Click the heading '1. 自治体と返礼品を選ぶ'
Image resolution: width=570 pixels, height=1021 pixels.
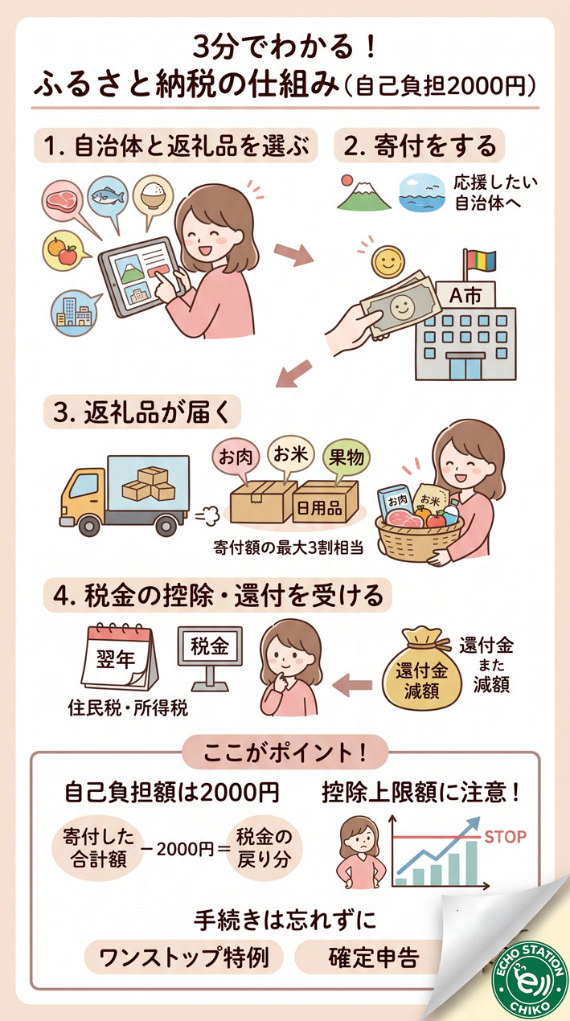(x=175, y=147)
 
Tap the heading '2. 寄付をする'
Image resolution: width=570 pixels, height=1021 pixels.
(x=420, y=147)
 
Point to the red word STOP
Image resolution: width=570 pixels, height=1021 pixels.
(x=504, y=837)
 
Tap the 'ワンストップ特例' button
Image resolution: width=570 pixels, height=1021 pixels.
(x=184, y=957)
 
